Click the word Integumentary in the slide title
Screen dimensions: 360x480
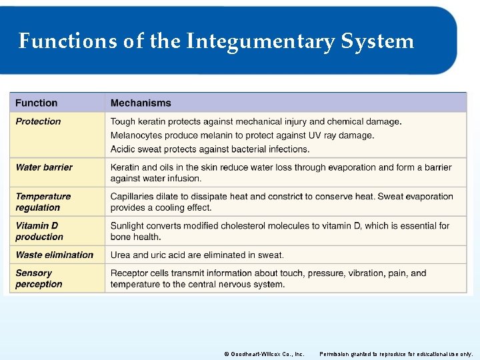point(261,41)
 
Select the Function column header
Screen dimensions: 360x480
point(36,103)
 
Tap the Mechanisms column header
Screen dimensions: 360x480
point(141,103)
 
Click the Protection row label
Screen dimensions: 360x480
point(38,121)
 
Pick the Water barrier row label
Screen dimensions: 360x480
point(44,167)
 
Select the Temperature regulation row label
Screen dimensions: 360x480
point(43,202)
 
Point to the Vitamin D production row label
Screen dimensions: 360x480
point(39,231)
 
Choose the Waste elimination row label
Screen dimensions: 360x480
point(55,255)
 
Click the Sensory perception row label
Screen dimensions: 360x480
point(39,279)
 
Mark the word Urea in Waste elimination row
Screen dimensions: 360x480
point(121,255)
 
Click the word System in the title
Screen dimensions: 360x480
point(377,41)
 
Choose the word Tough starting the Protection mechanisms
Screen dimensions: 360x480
point(123,121)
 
